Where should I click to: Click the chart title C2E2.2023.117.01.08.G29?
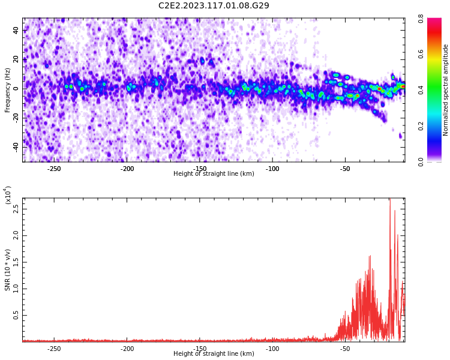[x=214, y=5]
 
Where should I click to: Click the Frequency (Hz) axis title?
[x=7, y=90]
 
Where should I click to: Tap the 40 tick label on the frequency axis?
[x=16, y=31]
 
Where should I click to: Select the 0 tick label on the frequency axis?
[x=16, y=89]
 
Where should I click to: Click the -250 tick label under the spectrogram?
[x=53, y=169]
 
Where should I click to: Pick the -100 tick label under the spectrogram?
[x=272, y=169]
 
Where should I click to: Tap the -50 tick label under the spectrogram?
[x=345, y=169]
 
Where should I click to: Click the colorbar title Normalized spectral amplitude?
[x=445, y=90]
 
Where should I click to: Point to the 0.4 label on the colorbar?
[x=421, y=90]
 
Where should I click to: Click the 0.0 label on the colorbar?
[x=421, y=161]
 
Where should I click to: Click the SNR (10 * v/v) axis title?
[x=7, y=269]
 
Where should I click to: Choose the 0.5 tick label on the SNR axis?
[x=16, y=315]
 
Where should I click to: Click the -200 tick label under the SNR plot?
[x=127, y=349]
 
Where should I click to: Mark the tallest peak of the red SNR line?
[x=390, y=199]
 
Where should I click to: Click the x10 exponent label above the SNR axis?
[x=8, y=195]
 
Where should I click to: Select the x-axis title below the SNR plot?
[x=214, y=353]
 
